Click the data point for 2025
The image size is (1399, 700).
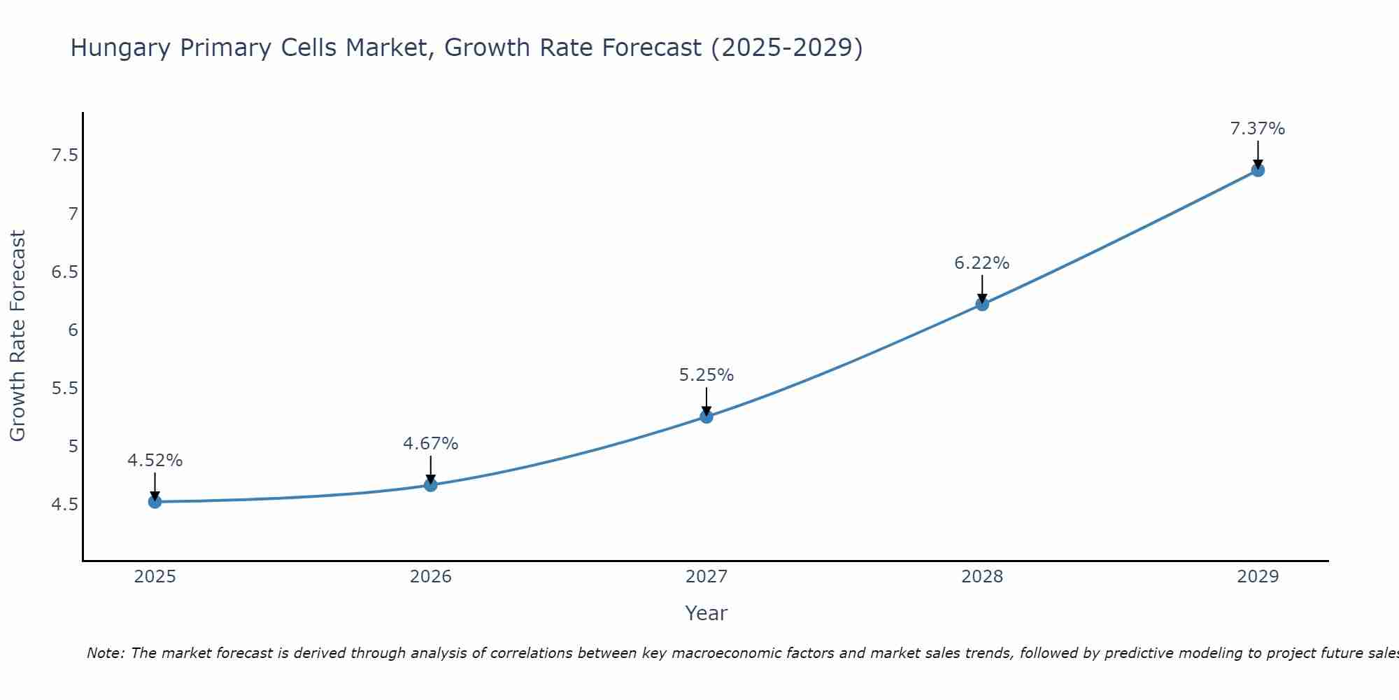point(155,501)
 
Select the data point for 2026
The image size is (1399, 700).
point(430,484)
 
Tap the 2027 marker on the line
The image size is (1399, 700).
point(706,416)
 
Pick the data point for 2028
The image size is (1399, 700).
point(982,304)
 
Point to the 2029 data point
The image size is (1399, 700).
point(1258,169)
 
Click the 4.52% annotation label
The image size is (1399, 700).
point(155,461)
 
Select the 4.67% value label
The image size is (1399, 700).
point(430,444)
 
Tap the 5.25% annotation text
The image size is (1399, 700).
point(706,375)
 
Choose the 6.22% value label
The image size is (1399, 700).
point(982,263)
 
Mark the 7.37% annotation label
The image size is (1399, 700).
point(1258,129)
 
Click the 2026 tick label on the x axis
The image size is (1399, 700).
point(430,577)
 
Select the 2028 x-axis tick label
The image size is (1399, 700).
point(982,577)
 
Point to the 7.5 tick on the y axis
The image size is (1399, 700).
point(64,155)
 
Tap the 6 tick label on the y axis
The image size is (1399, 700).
point(73,330)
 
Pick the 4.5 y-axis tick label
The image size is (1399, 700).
point(64,505)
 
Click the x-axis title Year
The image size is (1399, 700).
point(706,613)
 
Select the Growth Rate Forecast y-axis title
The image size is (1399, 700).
point(17,336)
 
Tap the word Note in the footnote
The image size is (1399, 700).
point(105,653)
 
